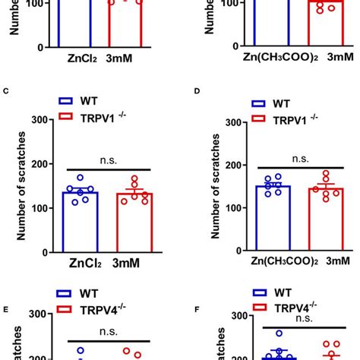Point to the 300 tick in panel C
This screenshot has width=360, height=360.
pyautogui.click(x=43, y=120)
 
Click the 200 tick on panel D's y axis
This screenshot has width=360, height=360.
pyautogui.click(x=232, y=165)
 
